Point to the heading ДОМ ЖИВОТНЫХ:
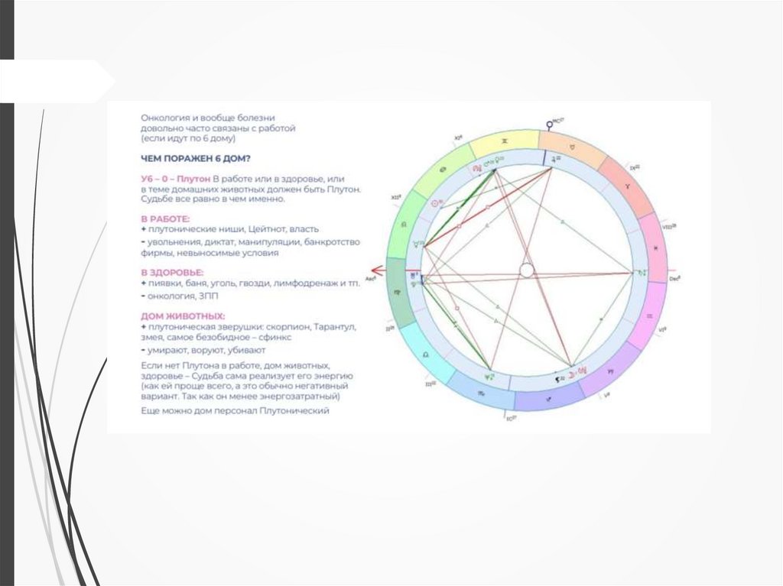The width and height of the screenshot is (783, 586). coord(183,316)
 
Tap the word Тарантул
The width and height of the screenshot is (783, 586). coord(335,327)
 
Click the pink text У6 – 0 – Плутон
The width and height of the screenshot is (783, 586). coord(175,177)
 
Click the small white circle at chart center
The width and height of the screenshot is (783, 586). coord(527,270)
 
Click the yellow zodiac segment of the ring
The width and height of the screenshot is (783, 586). coord(504,142)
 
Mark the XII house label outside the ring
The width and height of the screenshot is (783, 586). coord(396,198)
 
